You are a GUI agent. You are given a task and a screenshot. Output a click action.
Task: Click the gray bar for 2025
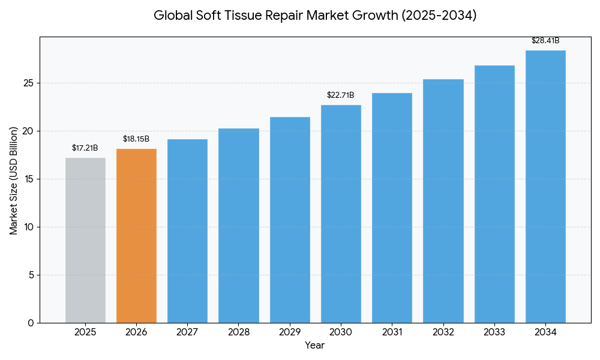coord(85,240)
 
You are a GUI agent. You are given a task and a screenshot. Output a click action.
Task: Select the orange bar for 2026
coord(136,236)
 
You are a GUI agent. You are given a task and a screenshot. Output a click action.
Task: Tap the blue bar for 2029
coord(290,220)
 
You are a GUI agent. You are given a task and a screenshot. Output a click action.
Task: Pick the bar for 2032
coord(443,201)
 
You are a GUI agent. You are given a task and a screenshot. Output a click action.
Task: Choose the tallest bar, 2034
coord(545,187)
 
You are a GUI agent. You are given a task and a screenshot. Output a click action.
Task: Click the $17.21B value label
coord(85,148)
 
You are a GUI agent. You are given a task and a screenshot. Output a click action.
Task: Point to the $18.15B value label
coord(136,139)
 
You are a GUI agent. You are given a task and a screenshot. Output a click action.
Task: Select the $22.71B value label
coord(340,95)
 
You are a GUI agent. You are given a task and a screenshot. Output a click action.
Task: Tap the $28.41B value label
coord(545,41)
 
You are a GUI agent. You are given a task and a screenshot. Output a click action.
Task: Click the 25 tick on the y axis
coord(28,83)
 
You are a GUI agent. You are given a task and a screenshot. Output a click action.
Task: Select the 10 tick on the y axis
coord(28,227)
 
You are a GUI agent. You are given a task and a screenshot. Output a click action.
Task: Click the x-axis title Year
coord(314,346)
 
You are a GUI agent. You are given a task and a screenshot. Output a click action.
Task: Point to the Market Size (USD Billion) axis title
coord(14,180)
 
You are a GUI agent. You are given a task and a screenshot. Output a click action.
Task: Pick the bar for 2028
coord(238,226)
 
